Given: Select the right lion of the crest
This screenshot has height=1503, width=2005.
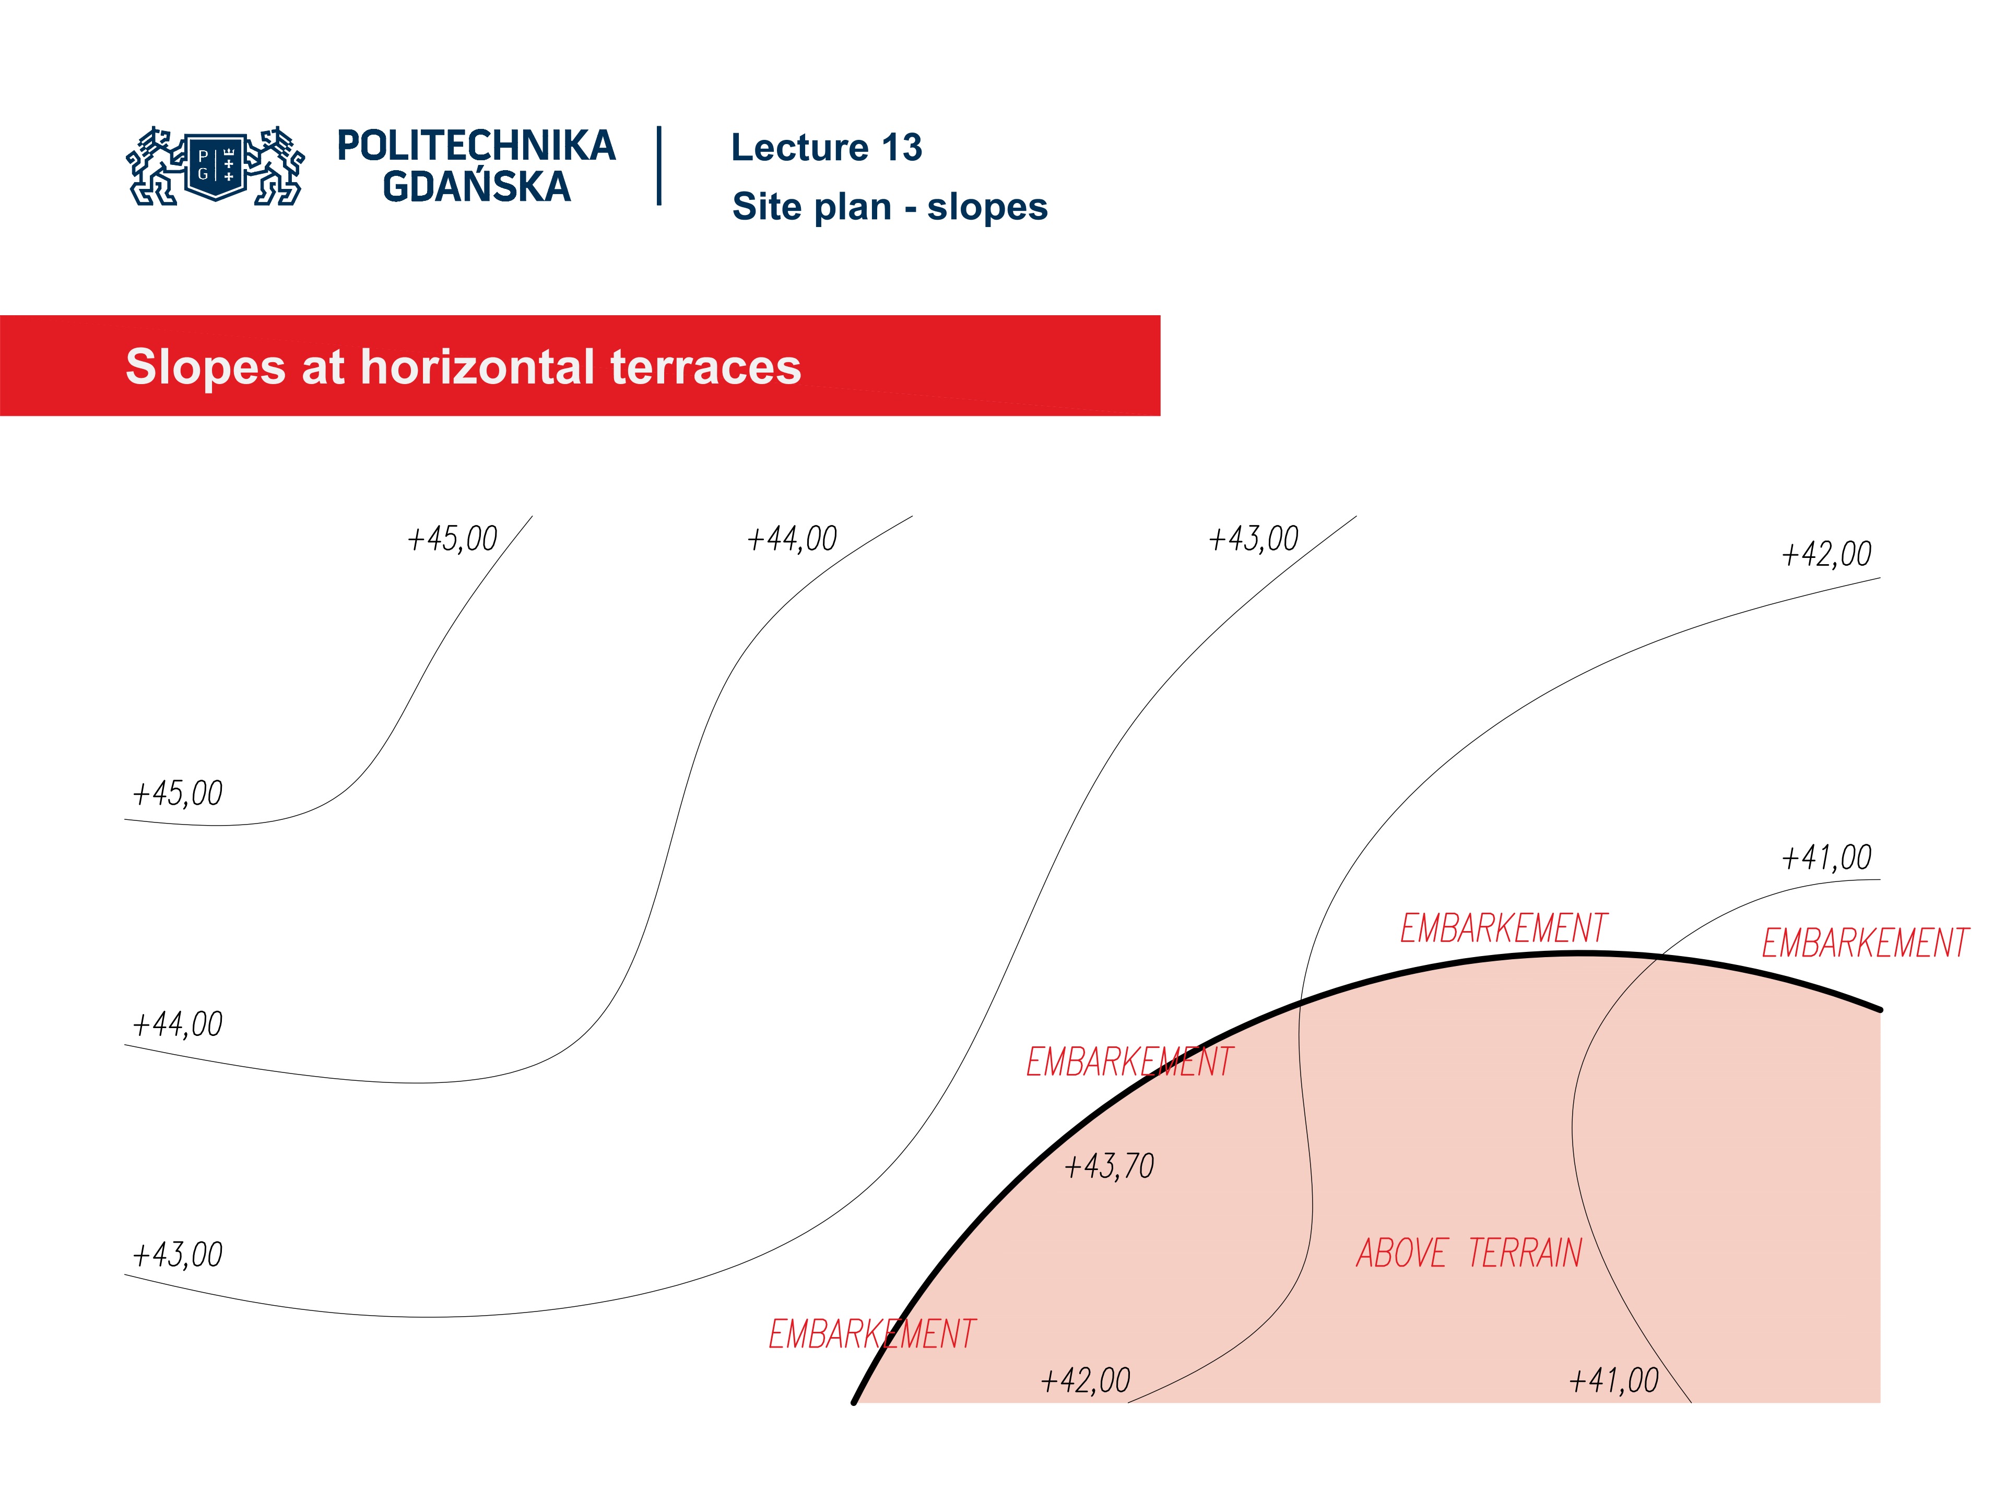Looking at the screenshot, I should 277,166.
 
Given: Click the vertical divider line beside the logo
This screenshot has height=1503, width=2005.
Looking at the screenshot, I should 659,166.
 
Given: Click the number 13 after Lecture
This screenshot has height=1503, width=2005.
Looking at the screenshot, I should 902,148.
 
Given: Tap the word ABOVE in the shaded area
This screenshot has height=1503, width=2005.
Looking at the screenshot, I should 1401,1254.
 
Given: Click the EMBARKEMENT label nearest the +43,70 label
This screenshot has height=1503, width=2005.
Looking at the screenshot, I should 1129,1062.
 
